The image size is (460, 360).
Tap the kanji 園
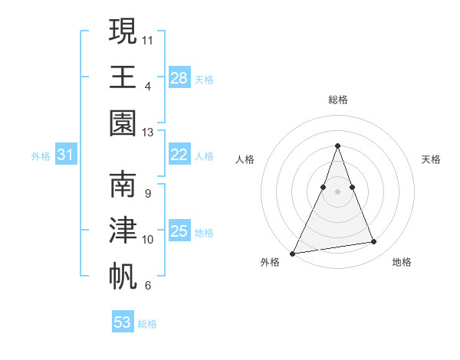[x=123, y=123]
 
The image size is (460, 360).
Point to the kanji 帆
[x=123, y=276]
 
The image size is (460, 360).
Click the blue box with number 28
[x=179, y=78]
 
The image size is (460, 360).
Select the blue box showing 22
[x=179, y=155]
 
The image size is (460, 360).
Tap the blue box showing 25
[x=179, y=231]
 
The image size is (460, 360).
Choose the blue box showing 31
[x=65, y=155]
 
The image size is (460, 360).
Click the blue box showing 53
[x=123, y=322]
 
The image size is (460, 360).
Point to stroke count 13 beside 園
[x=147, y=132]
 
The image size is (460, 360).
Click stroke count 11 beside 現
[x=147, y=38]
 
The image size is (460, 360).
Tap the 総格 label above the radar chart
[x=337, y=100]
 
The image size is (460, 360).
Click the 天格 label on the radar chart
[x=432, y=159]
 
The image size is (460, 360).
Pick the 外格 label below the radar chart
[x=270, y=262]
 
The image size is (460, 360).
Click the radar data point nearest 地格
[x=374, y=242]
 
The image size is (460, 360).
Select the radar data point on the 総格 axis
[x=337, y=146]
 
